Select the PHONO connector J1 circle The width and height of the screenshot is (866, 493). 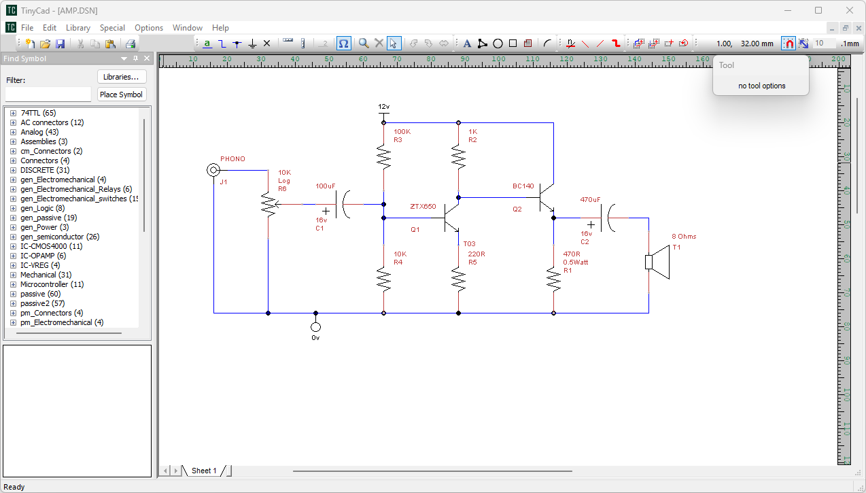point(213,170)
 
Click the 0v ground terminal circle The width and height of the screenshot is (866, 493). point(315,327)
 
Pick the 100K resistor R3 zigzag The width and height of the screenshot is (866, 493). point(384,158)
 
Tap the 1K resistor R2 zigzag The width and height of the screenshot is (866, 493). point(459,158)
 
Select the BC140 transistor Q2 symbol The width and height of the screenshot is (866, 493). point(544,198)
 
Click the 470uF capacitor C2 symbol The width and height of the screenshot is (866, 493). point(608,218)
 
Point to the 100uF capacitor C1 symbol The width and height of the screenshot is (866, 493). point(343,204)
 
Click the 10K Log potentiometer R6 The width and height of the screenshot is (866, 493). point(269,204)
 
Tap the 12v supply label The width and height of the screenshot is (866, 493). point(384,107)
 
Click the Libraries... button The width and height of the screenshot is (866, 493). point(122,77)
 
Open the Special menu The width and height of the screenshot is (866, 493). point(112,28)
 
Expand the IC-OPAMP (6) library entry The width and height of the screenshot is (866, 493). point(13,256)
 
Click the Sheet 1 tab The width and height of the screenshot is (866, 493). point(204,471)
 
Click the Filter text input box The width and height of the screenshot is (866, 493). point(48,95)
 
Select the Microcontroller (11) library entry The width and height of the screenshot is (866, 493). point(52,284)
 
